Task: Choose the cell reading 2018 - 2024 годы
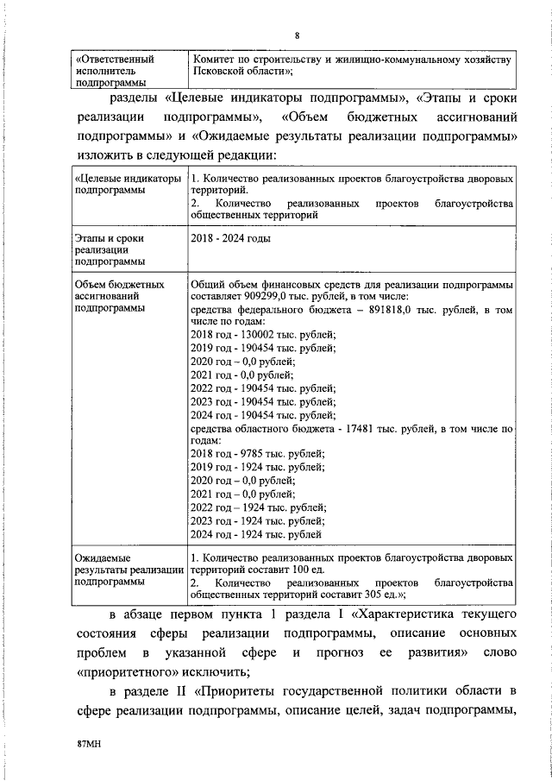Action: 224,236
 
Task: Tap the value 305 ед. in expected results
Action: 376,595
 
